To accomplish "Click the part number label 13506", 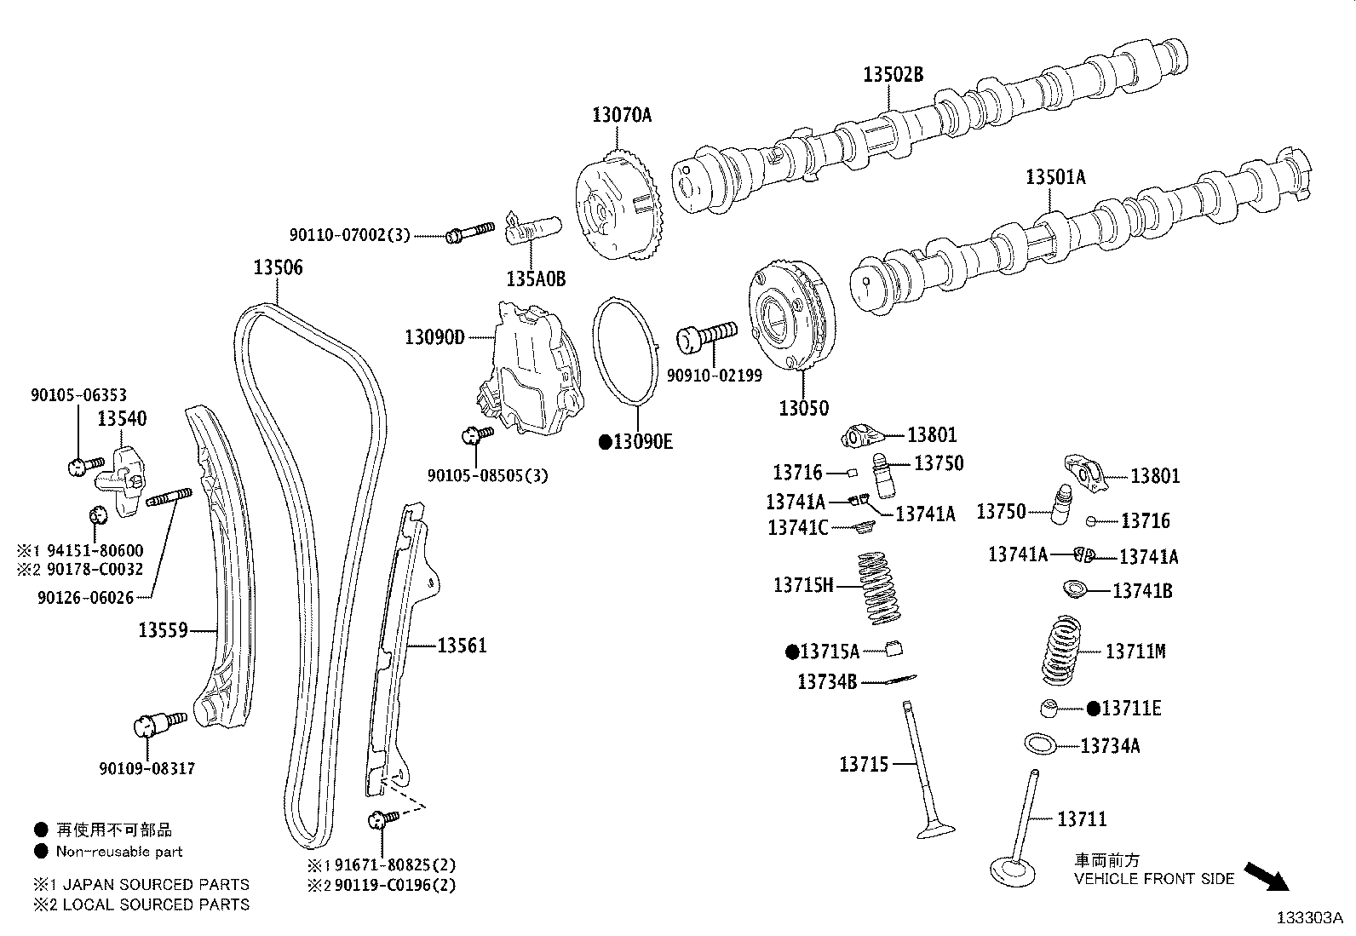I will [278, 267].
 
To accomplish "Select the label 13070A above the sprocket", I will [622, 114].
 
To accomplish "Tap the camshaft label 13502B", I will [893, 74].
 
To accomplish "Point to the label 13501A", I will [1055, 177].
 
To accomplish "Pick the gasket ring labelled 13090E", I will [625, 349].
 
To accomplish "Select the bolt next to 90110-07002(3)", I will [469, 232].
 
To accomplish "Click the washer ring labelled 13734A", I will [1042, 744].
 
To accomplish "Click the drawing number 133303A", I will [1308, 918].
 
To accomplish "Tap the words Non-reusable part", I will [119, 851].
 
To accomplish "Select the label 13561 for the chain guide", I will [462, 646].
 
